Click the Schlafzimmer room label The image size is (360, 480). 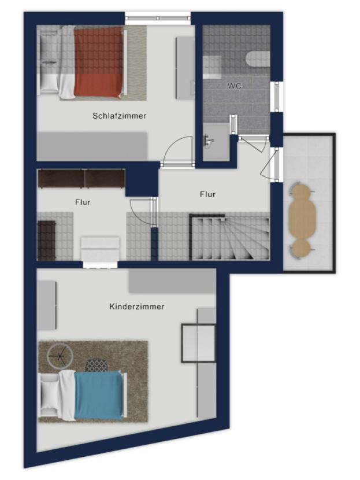119,116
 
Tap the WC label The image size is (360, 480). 234,86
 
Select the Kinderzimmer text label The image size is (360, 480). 137,307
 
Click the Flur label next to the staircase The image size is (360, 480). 207,194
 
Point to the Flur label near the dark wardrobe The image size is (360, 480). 83,202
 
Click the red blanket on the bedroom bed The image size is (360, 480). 98,62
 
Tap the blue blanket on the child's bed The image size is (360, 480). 99,395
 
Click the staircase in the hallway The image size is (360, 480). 229,237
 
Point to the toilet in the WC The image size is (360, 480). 258,58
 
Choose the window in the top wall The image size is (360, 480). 158,18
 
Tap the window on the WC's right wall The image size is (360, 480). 277,97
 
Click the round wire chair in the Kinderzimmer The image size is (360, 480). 60,356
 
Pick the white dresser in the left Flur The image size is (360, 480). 100,249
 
